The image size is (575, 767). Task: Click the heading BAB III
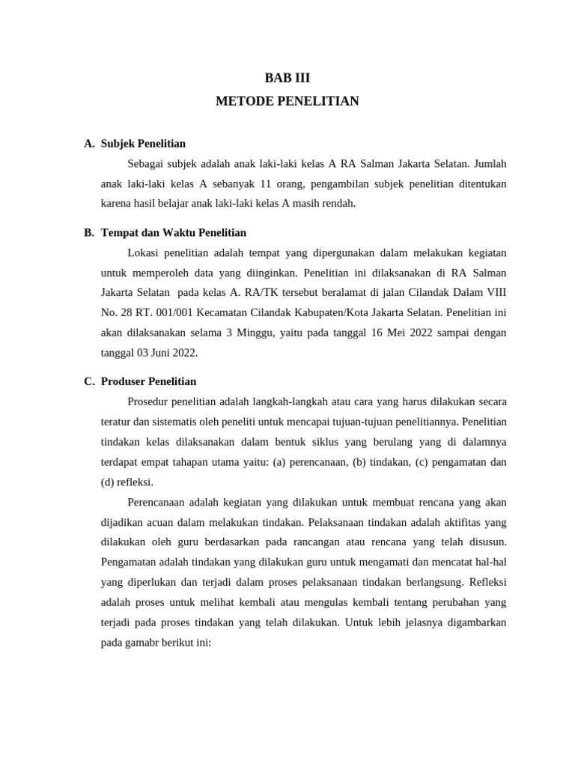point(287,77)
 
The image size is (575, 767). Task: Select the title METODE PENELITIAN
point(287,100)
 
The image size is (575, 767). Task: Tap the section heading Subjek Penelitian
point(143,143)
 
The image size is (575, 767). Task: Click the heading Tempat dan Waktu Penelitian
point(173,233)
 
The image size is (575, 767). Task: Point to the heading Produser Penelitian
point(148,381)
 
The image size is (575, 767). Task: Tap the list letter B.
point(88,233)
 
